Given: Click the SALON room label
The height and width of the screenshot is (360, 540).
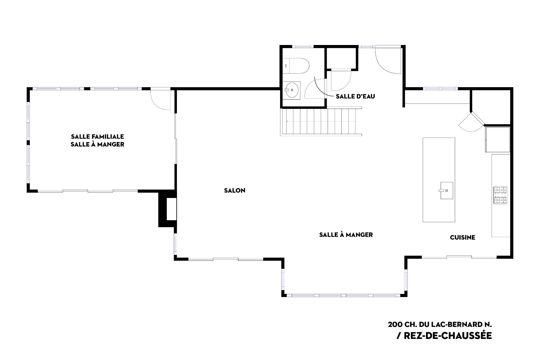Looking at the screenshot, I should click(235, 190).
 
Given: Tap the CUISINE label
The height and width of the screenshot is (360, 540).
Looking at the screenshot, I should click(462, 237).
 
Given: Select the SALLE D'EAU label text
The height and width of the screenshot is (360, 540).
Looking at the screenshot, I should click(355, 96).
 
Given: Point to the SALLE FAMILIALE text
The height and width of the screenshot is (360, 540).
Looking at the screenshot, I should click(97, 137).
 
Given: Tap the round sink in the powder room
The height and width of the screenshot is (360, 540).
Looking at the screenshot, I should click(292, 90).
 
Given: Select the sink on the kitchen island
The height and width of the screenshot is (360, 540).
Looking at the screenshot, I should click(446, 190).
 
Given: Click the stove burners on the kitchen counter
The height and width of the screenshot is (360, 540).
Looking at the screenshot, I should click(500, 195).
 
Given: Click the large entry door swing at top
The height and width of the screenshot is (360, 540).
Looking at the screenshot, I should click(388, 60).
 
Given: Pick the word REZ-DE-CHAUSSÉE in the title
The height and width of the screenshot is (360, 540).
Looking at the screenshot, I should click(447, 336).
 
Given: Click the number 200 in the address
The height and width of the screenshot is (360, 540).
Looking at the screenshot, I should click(394, 324).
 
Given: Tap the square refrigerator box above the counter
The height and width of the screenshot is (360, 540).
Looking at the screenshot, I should click(497, 139).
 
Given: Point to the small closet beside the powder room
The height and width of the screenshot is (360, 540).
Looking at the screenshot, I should click(341, 58).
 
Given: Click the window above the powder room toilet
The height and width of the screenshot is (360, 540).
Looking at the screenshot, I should click(303, 46).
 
